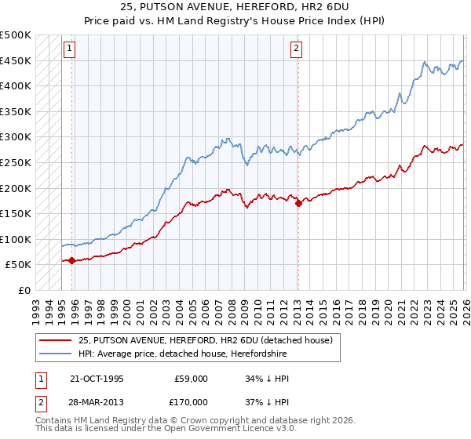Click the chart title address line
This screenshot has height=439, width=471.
click(x=236, y=7)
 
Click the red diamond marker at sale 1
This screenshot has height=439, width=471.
click(x=71, y=260)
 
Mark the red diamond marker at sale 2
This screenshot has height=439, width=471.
click(x=298, y=203)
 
